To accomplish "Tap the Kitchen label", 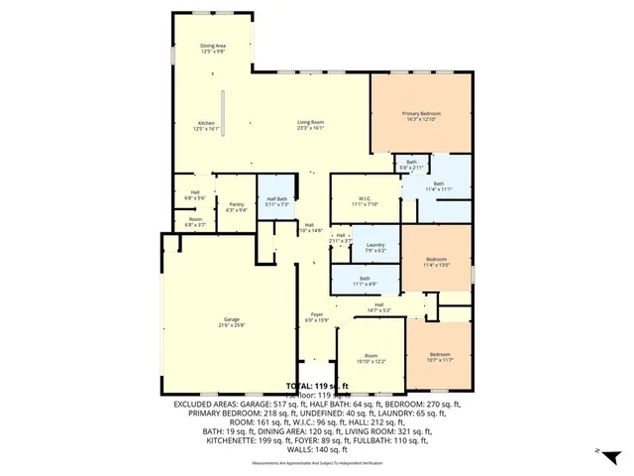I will pyautogui.click(x=204, y=123).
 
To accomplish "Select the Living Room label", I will pyautogui.click(x=311, y=123).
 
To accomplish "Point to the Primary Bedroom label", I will pyautogui.click(x=421, y=114).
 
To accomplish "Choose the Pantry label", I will pyautogui.click(x=236, y=204).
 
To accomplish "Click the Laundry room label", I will pyautogui.click(x=374, y=245).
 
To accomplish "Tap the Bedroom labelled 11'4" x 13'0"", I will pyautogui.click(x=437, y=260).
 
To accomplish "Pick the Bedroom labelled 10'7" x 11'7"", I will pyautogui.click(x=440, y=355).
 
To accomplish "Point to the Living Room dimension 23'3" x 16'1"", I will pyautogui.click(x=311, y=129).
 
